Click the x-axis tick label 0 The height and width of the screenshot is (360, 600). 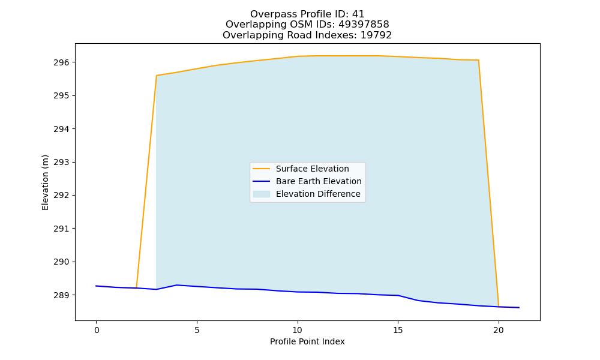coord(97,330)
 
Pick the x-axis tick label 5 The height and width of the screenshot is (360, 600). coord(197,330)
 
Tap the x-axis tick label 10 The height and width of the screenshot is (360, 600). coord(298,330)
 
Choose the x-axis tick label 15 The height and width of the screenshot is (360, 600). coord(398,330)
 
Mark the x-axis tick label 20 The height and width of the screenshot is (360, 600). coord(498,330)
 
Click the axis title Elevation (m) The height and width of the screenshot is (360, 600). coord(45,182)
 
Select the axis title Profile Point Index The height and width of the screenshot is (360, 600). coord(307,341)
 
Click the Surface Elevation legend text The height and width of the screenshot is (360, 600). coord(312,169)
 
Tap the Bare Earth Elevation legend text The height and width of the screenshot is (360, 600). coord(319,181)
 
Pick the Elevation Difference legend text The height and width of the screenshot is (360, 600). coord(318,194)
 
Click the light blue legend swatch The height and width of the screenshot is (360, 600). coord(262,194)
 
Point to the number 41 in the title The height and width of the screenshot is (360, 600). coord(358,14)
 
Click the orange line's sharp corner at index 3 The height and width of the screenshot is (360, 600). coord(157,76)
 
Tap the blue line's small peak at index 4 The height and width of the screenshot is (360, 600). coord(177,285)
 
